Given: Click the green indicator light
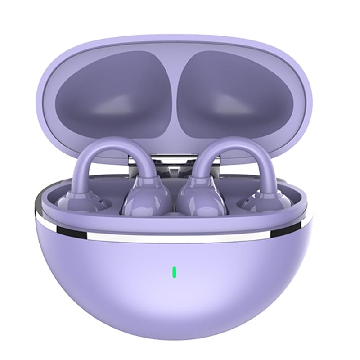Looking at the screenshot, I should click(174, 272).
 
